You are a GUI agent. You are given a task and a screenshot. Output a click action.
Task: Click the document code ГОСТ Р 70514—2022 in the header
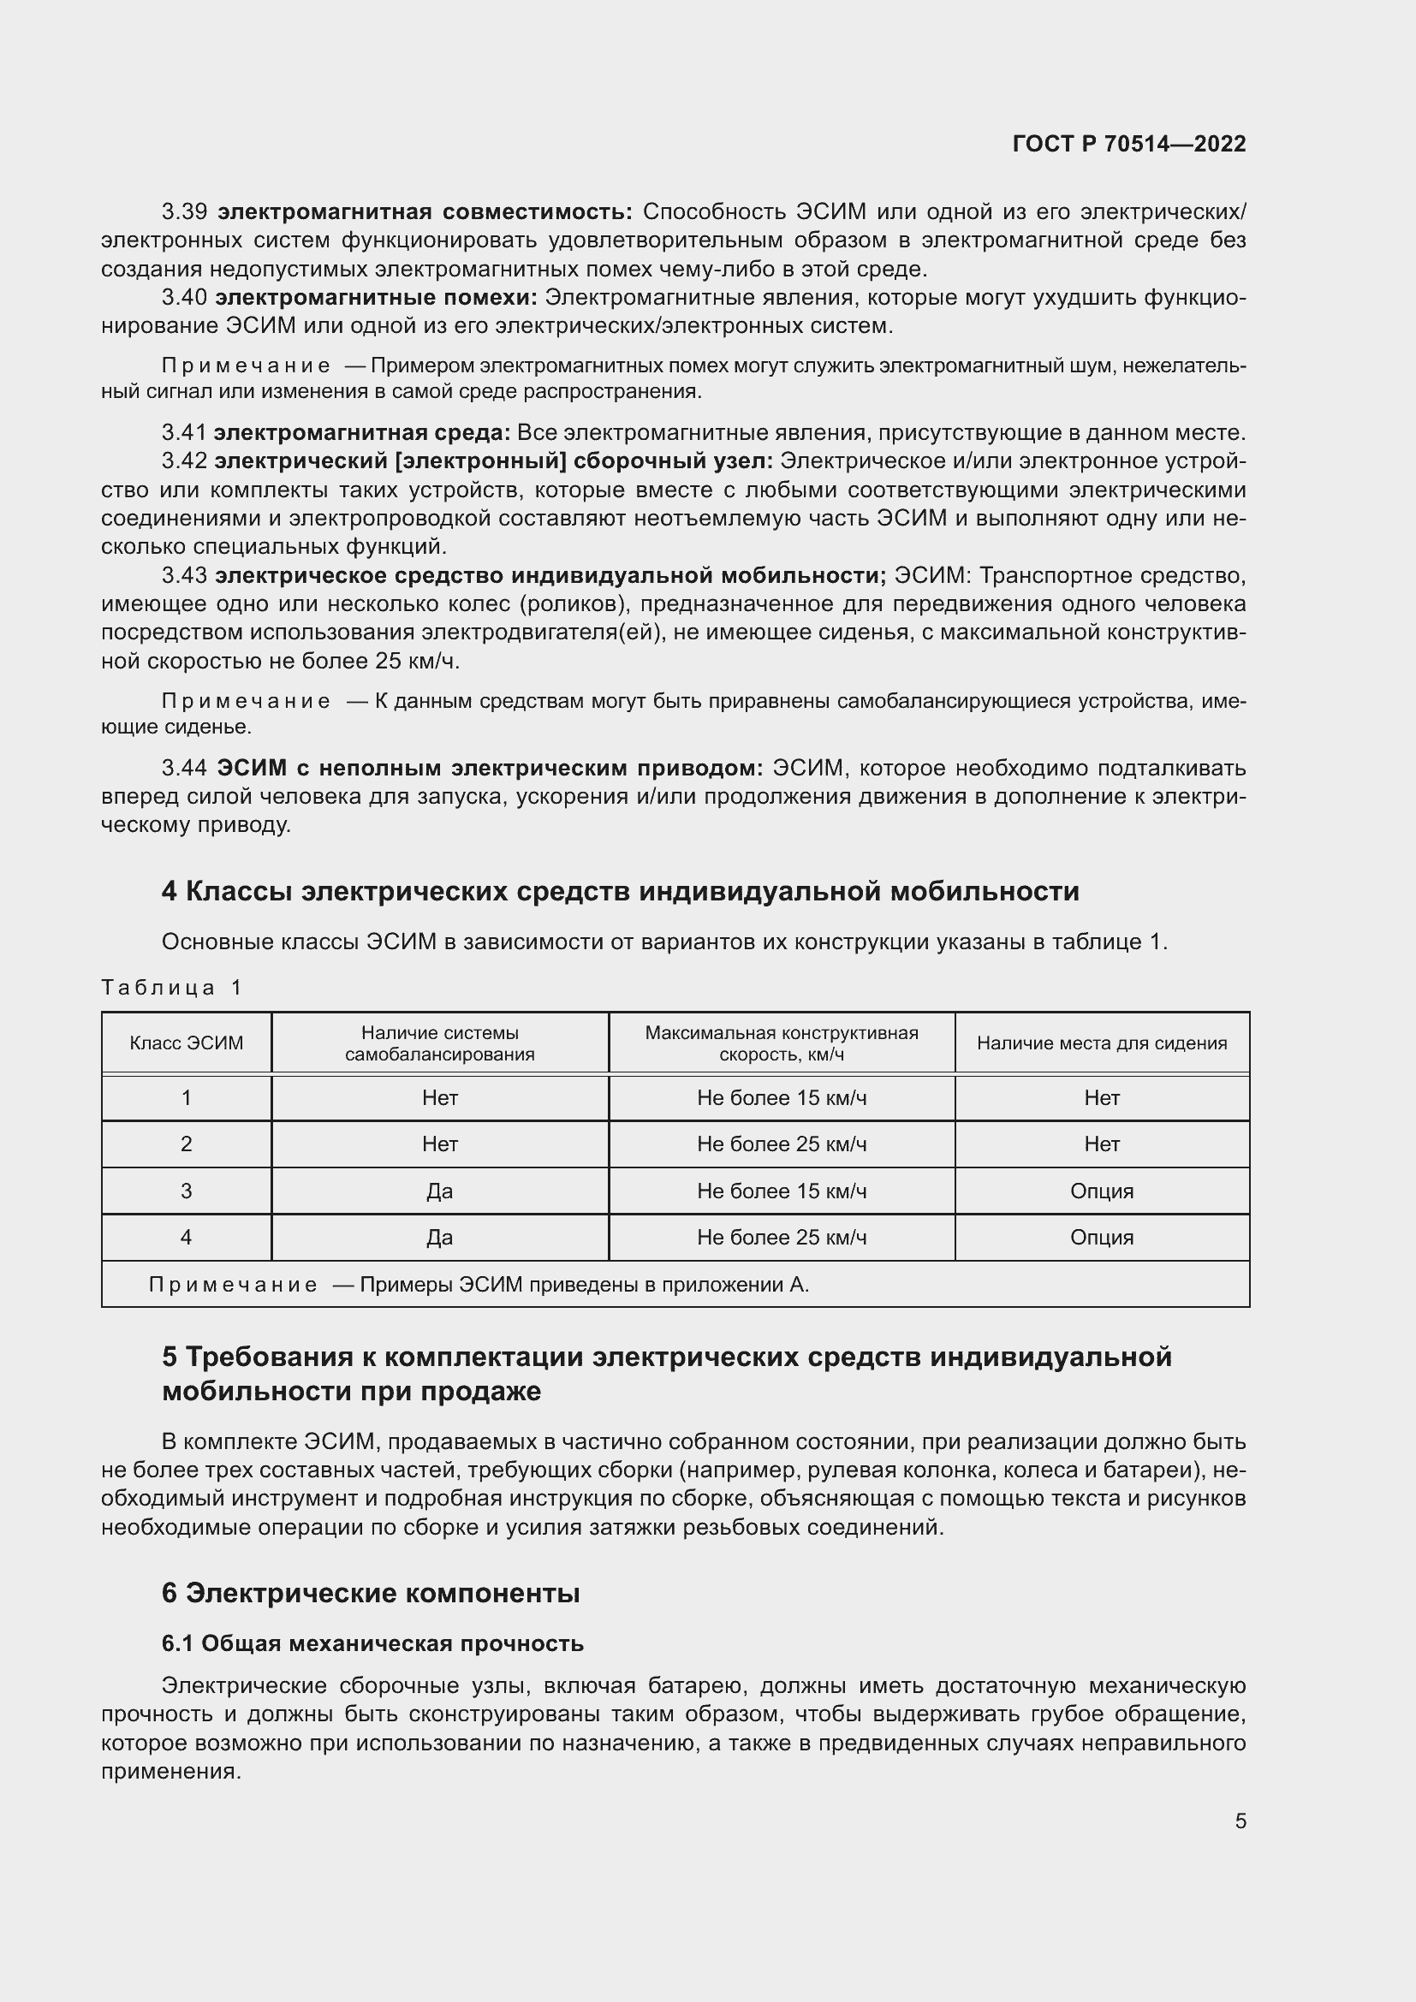1128,144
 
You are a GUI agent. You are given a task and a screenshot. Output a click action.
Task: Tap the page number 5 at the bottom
1240,1820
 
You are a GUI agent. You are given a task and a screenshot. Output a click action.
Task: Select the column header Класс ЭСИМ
186,1043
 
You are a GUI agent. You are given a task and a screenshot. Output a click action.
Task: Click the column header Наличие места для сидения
1101,1043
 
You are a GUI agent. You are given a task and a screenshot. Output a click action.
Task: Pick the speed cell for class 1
782,1098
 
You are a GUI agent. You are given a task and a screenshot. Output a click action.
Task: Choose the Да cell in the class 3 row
439,1191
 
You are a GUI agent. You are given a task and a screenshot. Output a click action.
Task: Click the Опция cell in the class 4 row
1101,1238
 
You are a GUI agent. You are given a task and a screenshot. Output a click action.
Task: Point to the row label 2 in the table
186,1144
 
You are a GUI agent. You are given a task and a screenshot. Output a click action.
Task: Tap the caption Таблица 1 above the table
171,987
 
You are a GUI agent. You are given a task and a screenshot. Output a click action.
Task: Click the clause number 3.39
184,212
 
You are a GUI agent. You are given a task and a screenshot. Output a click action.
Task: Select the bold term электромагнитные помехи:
376,297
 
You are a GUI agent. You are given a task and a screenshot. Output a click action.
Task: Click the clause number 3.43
184,575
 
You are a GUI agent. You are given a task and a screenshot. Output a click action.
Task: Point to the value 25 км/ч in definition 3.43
417,661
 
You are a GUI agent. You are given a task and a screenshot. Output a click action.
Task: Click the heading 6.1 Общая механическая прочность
372,1643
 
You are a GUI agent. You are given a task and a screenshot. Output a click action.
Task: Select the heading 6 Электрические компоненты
371,1593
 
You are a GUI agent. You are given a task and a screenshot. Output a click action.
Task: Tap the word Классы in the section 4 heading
240,891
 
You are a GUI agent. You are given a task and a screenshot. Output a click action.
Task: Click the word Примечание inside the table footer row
233,1285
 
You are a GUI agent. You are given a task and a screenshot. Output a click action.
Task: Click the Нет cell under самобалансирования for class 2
439,1144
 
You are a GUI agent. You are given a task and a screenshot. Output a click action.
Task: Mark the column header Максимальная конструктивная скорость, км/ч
782,1043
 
